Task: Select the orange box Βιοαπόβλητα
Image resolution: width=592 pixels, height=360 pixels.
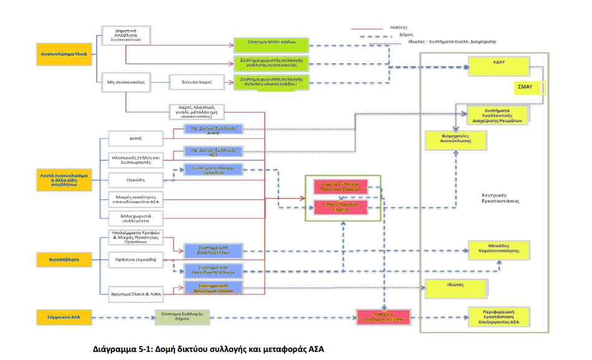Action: pos(64,258)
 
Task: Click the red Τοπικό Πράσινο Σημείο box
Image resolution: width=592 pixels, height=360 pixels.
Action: pos(340,207)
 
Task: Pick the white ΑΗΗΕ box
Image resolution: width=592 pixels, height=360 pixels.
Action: pos(135,138)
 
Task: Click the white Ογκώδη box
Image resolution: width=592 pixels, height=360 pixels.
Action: pos(135,180)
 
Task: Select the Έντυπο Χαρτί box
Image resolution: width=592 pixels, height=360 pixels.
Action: pos(194,81)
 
